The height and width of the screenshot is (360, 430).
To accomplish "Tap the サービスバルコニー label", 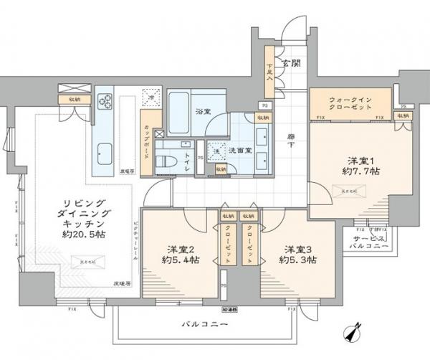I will tap(372, 241).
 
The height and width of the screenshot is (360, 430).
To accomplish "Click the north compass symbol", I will tap(352, 333).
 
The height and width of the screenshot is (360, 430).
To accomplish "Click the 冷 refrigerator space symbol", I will tap(150, 95).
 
